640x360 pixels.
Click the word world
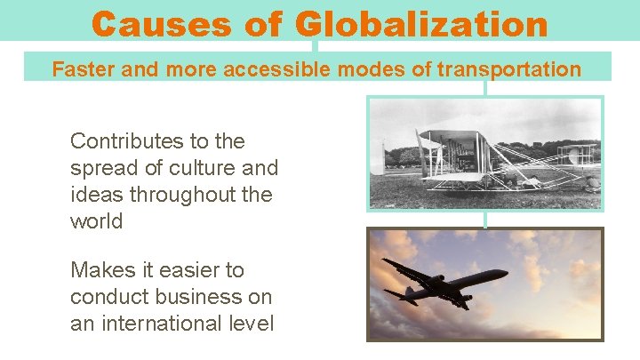coord(96,221)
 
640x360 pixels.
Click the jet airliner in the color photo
coord(444,283)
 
